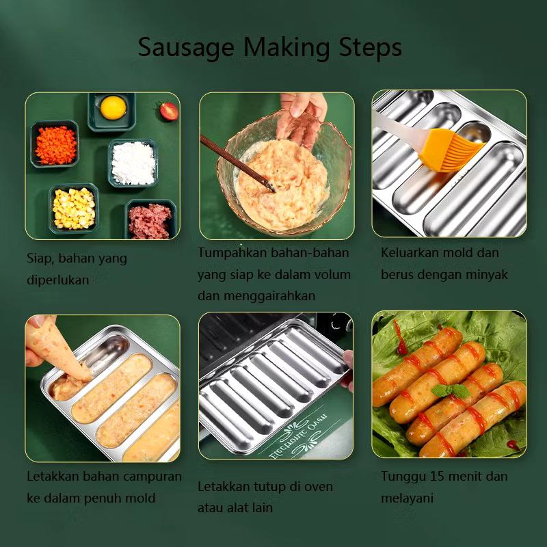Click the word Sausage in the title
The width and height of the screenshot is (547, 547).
point(178,48)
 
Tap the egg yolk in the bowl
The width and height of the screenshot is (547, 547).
point(113,107)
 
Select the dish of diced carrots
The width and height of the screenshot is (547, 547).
point(55,144)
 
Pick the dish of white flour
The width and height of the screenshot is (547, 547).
point(133,163)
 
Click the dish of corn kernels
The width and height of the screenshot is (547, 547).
point(73,208)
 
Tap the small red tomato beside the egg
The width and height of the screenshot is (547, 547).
point(167,111)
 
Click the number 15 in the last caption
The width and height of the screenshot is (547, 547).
point(451,477)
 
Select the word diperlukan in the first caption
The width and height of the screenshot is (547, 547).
point(58,281)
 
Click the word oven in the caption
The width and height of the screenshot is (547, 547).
point(319,487)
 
